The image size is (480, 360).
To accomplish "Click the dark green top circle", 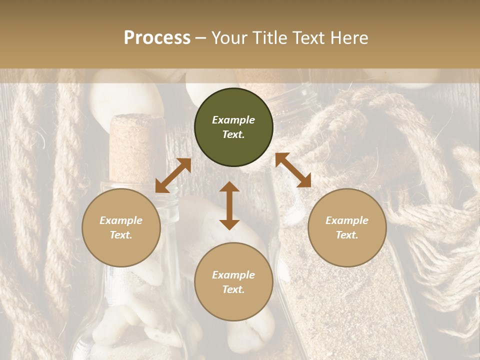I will [x=233, y=127].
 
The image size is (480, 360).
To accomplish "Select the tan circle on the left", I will [x=121, y=227].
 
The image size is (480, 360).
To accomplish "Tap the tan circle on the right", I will [x=347, y=227].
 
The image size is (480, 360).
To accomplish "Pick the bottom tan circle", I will [x=233, y=281].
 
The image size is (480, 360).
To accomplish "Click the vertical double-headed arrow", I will [x=229, y=205].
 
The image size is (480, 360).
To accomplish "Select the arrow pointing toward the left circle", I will [x=173, y=175].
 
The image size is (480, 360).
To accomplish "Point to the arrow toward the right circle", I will [x=293, y=170].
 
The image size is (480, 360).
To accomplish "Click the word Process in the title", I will [x=157, y=37].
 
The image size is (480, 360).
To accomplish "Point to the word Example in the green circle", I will [x=233, y=120].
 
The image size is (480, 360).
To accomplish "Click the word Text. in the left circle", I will [x=121, y=235].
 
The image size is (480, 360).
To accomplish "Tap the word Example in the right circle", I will [x=347, y=220].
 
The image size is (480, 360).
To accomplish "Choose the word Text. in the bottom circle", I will [x=233, y=289].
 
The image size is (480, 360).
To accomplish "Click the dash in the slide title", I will [x=201, y=38].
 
